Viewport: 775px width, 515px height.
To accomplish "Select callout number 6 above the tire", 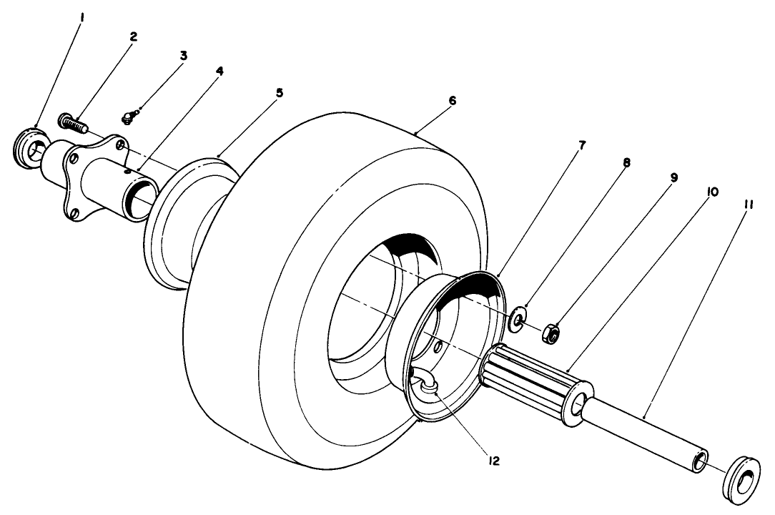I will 452,101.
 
